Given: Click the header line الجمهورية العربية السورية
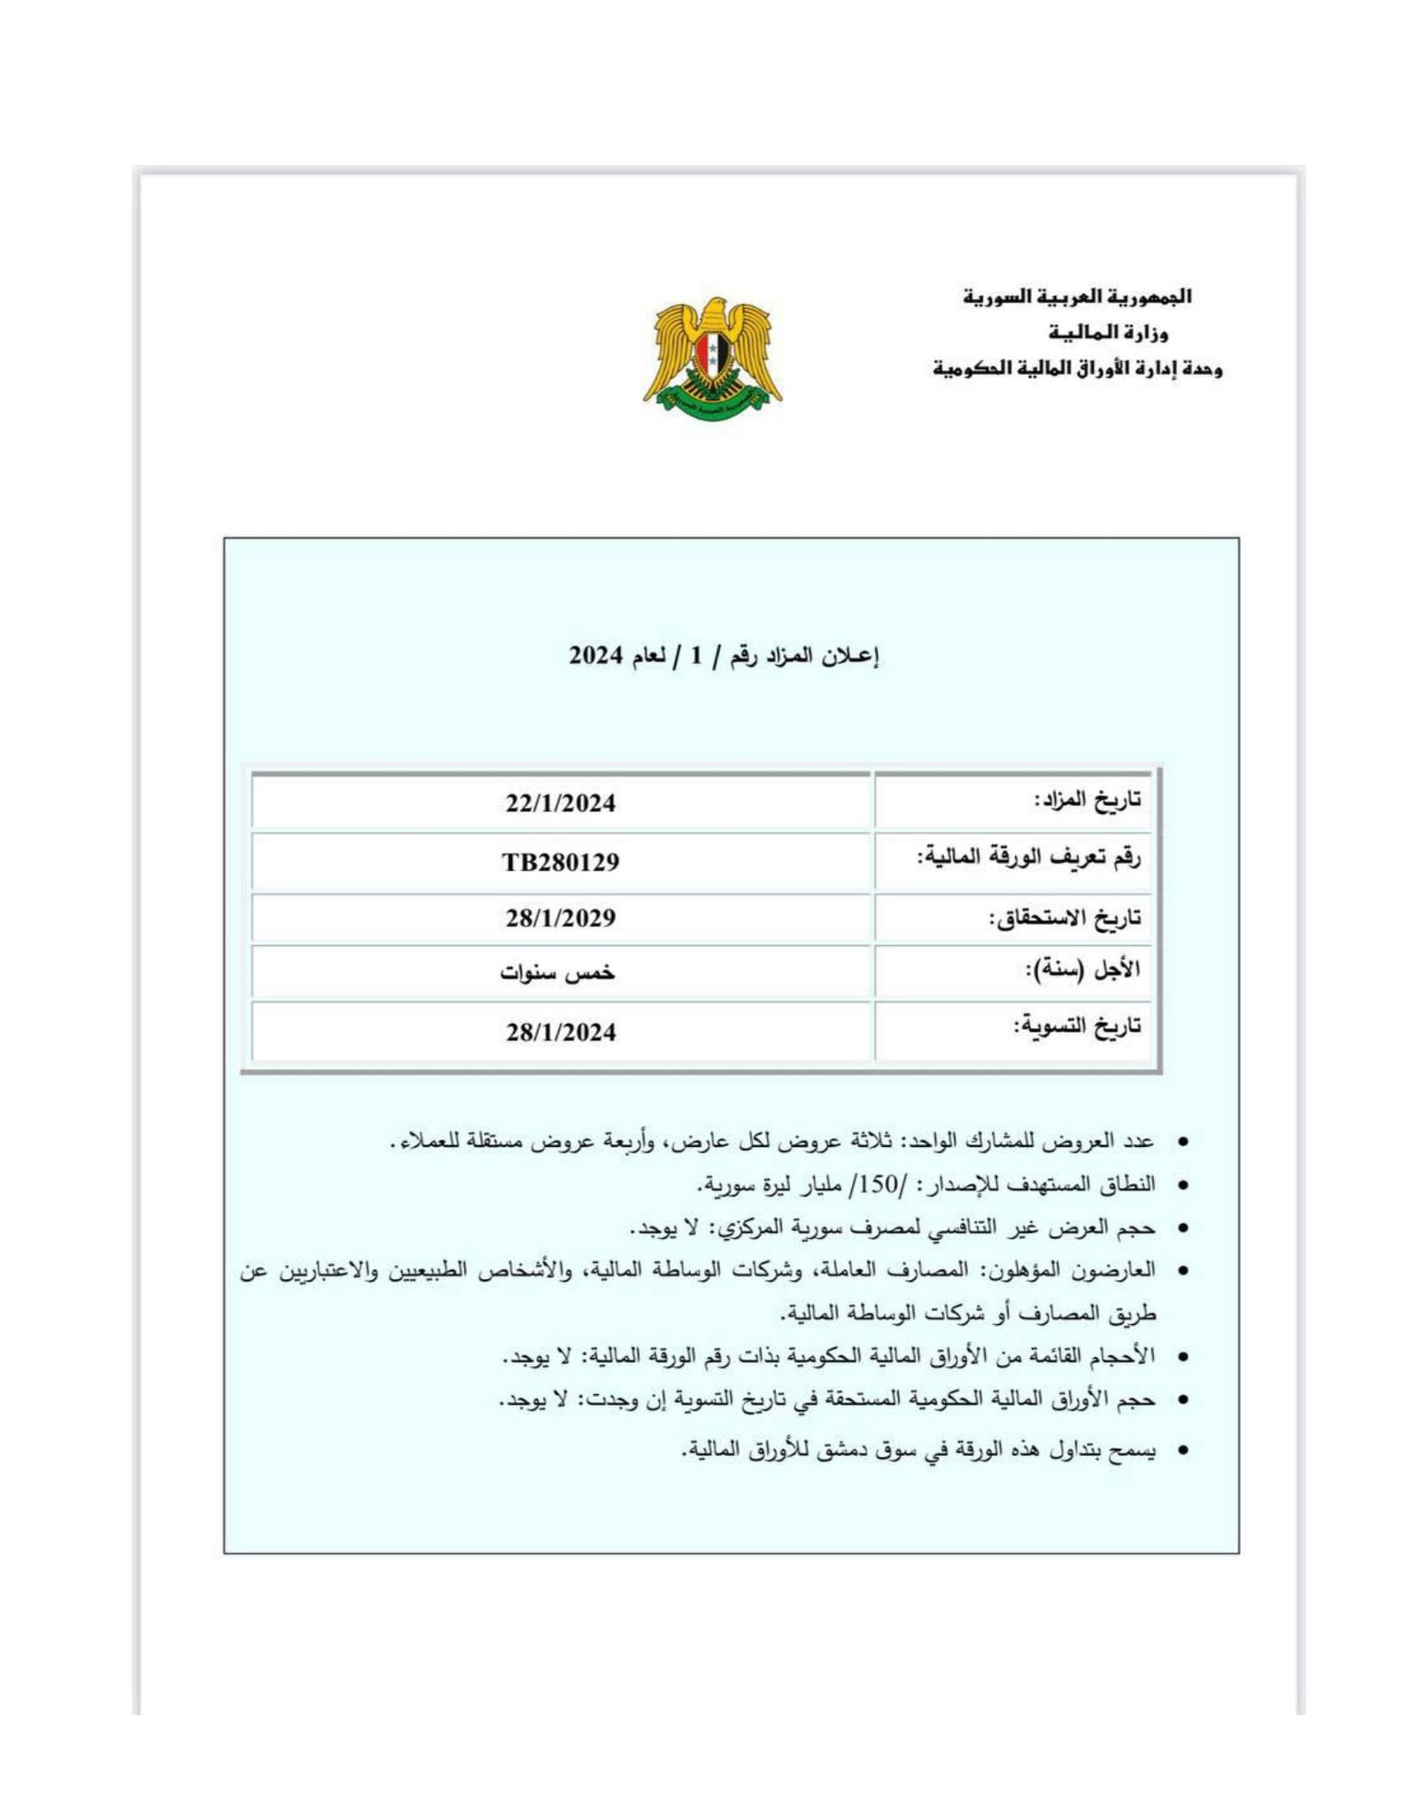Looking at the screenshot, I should click(1077, 297).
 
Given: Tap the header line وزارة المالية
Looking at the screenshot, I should click(1108, 333).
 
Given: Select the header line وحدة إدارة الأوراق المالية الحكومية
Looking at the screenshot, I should click(1077, 368).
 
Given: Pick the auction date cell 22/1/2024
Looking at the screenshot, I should click(561, 803).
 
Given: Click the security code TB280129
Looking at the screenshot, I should click(561, 862).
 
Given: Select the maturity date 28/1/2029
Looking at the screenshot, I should click(561, 919).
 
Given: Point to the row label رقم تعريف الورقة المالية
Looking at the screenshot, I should click(1028, 857).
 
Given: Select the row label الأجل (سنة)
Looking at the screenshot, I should click(1081, 970).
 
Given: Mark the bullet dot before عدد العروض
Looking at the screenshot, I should click(1181, 1143).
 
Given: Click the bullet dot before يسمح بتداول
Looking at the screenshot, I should click(1181, 1452).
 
